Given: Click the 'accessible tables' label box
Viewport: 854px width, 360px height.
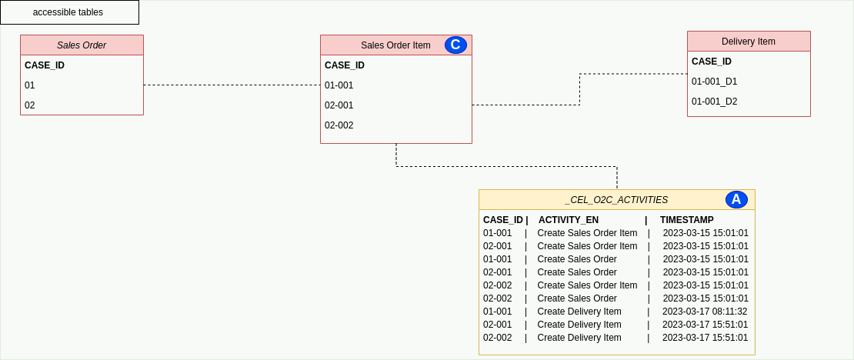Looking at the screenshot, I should click(68, 12).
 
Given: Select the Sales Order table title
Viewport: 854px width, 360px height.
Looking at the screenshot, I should click(82, 45).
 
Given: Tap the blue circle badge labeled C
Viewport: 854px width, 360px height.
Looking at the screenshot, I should click(455, 45).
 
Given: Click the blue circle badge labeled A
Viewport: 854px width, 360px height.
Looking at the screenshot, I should click(736, 199).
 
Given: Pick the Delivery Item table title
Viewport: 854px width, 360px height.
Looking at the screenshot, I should click(748, 42).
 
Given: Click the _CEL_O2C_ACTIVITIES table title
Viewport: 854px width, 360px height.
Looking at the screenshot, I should click(615, 200).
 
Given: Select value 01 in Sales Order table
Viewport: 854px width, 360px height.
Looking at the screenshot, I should click(30, 85).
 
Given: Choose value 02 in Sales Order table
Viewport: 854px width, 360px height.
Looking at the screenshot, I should click(30, 105).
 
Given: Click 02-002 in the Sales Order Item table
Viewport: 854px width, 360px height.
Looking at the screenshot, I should click(339, 125).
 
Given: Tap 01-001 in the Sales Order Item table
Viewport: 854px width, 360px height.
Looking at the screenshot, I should click(339, 85).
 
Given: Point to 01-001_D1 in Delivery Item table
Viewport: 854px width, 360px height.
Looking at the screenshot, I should click(714, 82).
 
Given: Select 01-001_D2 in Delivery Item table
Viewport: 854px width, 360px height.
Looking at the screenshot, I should click(714, 102).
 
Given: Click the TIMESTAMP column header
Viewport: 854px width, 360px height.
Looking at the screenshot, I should click(686, 220).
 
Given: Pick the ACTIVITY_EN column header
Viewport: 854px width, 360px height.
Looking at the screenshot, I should click(568, 220).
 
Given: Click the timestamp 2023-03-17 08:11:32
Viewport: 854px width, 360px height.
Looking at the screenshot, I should click(705, 312).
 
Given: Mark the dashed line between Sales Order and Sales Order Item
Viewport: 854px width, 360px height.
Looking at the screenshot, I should click(232, 85).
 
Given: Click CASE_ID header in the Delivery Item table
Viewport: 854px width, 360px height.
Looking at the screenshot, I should click(711, 62).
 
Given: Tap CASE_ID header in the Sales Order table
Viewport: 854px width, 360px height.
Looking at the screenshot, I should click(45, 65).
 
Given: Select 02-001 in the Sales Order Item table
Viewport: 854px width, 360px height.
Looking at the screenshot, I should click(339, 105).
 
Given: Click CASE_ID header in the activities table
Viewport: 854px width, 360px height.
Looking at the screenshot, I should click(502, 220).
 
